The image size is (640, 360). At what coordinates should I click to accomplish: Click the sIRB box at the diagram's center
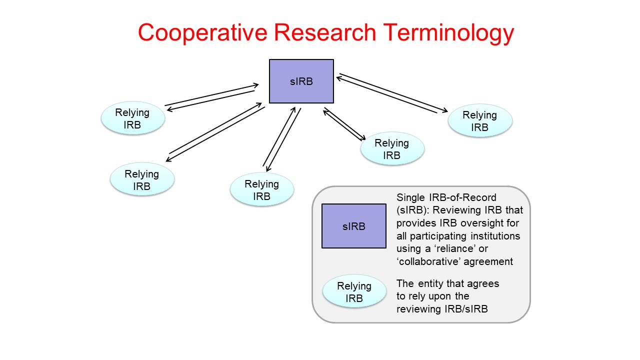(x=301, y=81)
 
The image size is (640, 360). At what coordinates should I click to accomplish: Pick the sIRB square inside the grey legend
(x=354, y=226)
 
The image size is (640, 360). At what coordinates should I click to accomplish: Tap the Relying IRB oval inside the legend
(x=354, y=292)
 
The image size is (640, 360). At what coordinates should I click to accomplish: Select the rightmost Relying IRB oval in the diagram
(x=480, y=121)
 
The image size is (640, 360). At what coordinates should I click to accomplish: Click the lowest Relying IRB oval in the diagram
(x=261, y=190)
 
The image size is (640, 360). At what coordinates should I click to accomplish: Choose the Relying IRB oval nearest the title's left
(x=132, y=118)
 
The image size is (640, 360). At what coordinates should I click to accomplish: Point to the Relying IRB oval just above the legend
(x=392, y=149)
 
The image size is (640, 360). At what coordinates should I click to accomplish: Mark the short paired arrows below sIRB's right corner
(x=344, y=124)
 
